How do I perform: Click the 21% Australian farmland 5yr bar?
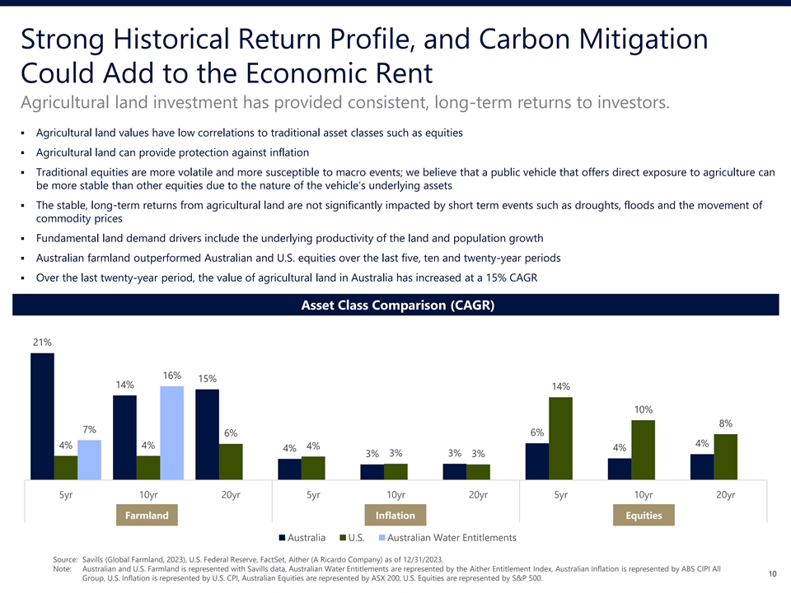point(42,416)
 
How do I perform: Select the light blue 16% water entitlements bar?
point(172,432)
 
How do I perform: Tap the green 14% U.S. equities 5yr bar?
point(560,438)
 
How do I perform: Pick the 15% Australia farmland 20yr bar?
point(208,434)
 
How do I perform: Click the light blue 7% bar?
point(89,460)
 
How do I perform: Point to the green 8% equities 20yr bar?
point(725,457)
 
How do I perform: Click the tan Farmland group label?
point(147,516)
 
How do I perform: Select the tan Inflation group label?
point(395,516)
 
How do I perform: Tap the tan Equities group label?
point(644,516)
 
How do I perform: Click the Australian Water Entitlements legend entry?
point(448,538)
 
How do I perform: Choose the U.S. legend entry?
point(352,538)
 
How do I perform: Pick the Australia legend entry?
point(302,538)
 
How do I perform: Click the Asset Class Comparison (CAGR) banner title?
point(397,305)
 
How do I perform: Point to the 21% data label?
point(42,342)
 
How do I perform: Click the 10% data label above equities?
point(644,409)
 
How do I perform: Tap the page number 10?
point(772,574)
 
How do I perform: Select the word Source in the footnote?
point(64,559)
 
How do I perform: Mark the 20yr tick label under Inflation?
point(478,495)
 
